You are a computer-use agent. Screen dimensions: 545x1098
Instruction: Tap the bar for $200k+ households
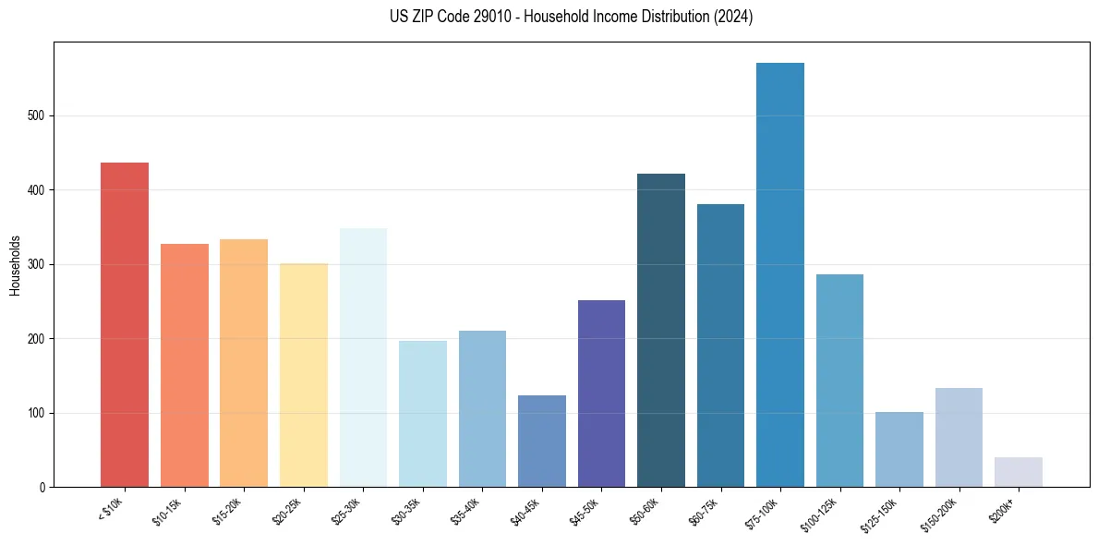[1019, 472]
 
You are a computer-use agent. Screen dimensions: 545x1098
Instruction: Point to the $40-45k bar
[542, 442]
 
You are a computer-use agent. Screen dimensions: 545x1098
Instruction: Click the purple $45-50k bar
[601, 394]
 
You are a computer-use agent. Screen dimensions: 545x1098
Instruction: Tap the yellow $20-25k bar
[304, 375]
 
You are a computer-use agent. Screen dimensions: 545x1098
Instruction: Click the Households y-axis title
[15, 265]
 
